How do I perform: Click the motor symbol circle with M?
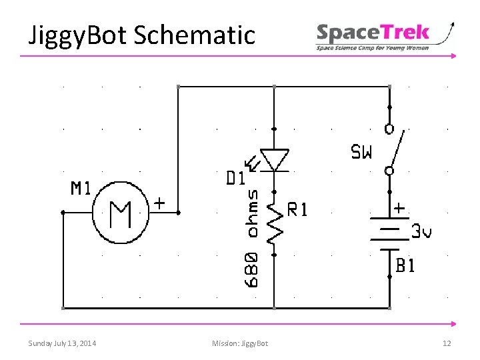tap(121, 213)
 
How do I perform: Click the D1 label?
tap(235, 178)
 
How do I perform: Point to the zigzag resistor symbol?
tap(274, 221)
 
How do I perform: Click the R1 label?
tap(297, 210)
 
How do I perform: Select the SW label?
tap(362, 153)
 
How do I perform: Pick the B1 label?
tap(405, 266)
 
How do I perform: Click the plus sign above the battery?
tap(399, 208)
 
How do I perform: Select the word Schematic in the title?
tap(194, 35)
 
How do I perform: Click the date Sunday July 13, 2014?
tap(62, 343)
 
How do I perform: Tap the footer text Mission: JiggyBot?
tap(240, 343)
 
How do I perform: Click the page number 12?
tap(447, 343)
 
